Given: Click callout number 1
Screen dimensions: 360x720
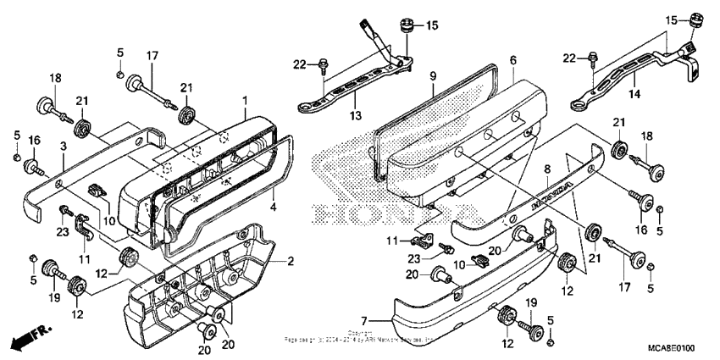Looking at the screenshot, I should pyautogui.click(x=244, y=101).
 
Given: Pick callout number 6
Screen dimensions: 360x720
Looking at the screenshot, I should pyautogui.click(x=512, y=60).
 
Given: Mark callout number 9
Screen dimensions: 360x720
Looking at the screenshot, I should pyautogui.click(x=432, y=76).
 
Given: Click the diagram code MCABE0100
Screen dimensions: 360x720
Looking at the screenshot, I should pyautogui.click(x=672, y=348).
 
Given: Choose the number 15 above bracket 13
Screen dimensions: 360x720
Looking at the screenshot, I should pyautogui.click(x=432, y=26).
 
